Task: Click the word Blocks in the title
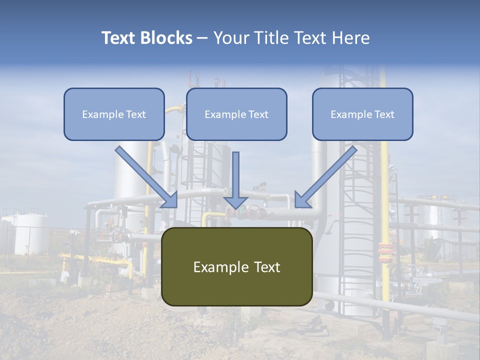coord(166,37)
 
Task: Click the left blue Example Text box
coord(114,114)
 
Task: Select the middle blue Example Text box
coord(236,114)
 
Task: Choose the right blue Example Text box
coord(363,114)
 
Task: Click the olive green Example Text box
coord(237,266)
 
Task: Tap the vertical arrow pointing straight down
coord(235,180)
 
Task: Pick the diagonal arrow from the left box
coord(146,177)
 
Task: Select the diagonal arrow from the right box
coord(325,177)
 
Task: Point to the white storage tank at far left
coord(30,234)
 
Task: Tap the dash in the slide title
coord(202,38)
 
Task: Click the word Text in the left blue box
coord(136,114)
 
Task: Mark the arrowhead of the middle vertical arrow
coord(235,202)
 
